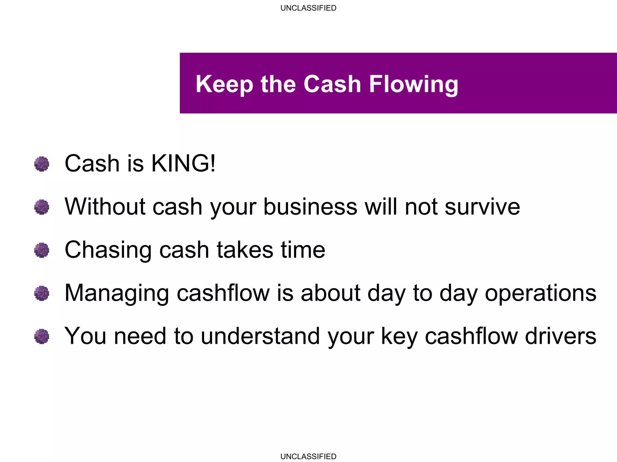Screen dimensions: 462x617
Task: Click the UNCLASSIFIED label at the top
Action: tap(308, 8)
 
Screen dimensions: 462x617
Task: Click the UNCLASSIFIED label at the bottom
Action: tap(308, 456)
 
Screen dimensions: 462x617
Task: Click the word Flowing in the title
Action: tap(413, 84)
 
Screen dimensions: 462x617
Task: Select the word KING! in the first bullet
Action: tap(183, 163)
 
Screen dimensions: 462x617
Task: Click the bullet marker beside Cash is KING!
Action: tap(42, 164)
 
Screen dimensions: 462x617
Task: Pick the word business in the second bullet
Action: tap(310, 207)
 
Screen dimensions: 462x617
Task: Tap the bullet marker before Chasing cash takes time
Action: tap(42, 250)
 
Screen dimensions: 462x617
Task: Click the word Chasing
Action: tap(108, 250)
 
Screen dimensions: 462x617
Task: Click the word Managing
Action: tap(117, 293)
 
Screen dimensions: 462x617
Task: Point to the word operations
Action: tap(540, 293)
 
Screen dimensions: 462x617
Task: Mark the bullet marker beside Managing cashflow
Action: tap(42, 293)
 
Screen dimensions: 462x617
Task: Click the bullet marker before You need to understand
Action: tap(42, 336)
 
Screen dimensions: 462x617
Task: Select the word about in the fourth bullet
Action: tap(330, 293)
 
